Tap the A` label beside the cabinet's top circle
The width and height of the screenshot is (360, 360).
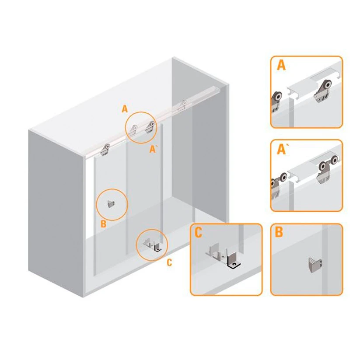pyautogui.click(x=153, y=149)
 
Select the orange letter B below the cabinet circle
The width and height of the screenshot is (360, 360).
pyautogui.click(x=103, y=224)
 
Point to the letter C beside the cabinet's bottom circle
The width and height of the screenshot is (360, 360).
pyautogui.click(x=169, y=263)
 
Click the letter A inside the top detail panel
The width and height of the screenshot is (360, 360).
pyautogui.click(x=281, y=66)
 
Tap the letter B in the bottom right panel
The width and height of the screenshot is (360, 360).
pyautogui.click(x=279, y=232)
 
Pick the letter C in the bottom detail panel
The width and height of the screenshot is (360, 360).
pyautogui.click(x=198, y=233)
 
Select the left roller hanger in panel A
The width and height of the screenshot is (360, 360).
pyautogui.click(x=277, y=101)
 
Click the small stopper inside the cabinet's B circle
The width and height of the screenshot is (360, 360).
pyautogui.click(x=111, y=203)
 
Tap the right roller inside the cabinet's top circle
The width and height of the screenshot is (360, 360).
pyautogui.click(x=150, y=127)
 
